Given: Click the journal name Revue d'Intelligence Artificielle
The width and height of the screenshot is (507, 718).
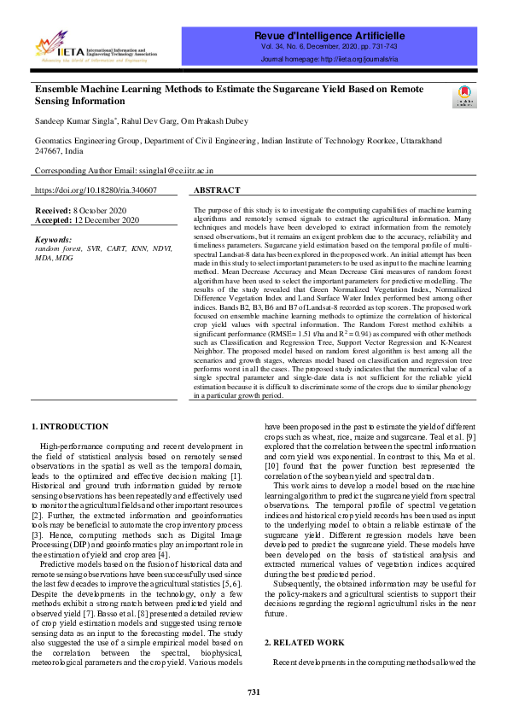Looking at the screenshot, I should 329,35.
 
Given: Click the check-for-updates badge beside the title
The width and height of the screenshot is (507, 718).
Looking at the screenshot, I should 466,96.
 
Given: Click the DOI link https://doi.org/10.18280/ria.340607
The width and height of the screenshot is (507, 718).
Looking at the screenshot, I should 96,190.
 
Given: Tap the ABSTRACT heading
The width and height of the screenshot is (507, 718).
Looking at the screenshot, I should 217,190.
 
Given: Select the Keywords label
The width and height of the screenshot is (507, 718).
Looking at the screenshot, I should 54,240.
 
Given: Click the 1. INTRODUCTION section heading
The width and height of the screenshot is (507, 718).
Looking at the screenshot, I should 70,426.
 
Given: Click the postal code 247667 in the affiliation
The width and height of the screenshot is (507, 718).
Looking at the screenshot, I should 48,149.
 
